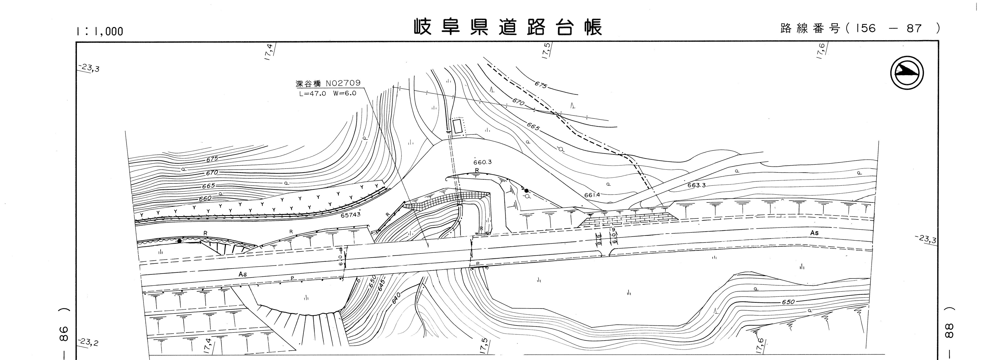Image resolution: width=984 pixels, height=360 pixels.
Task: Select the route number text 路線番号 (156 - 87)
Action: (x=859, y=28)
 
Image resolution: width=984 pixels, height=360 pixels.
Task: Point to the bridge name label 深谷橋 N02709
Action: (x=328, y=84)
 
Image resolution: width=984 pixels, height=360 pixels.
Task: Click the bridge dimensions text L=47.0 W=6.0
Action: (x=327, y=93)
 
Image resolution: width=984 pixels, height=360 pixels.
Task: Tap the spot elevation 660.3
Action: (x=483, y=162)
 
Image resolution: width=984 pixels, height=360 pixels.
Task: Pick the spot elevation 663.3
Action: (x=696, y=185)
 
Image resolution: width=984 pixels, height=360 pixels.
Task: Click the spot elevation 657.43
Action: (x=350, y=215)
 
